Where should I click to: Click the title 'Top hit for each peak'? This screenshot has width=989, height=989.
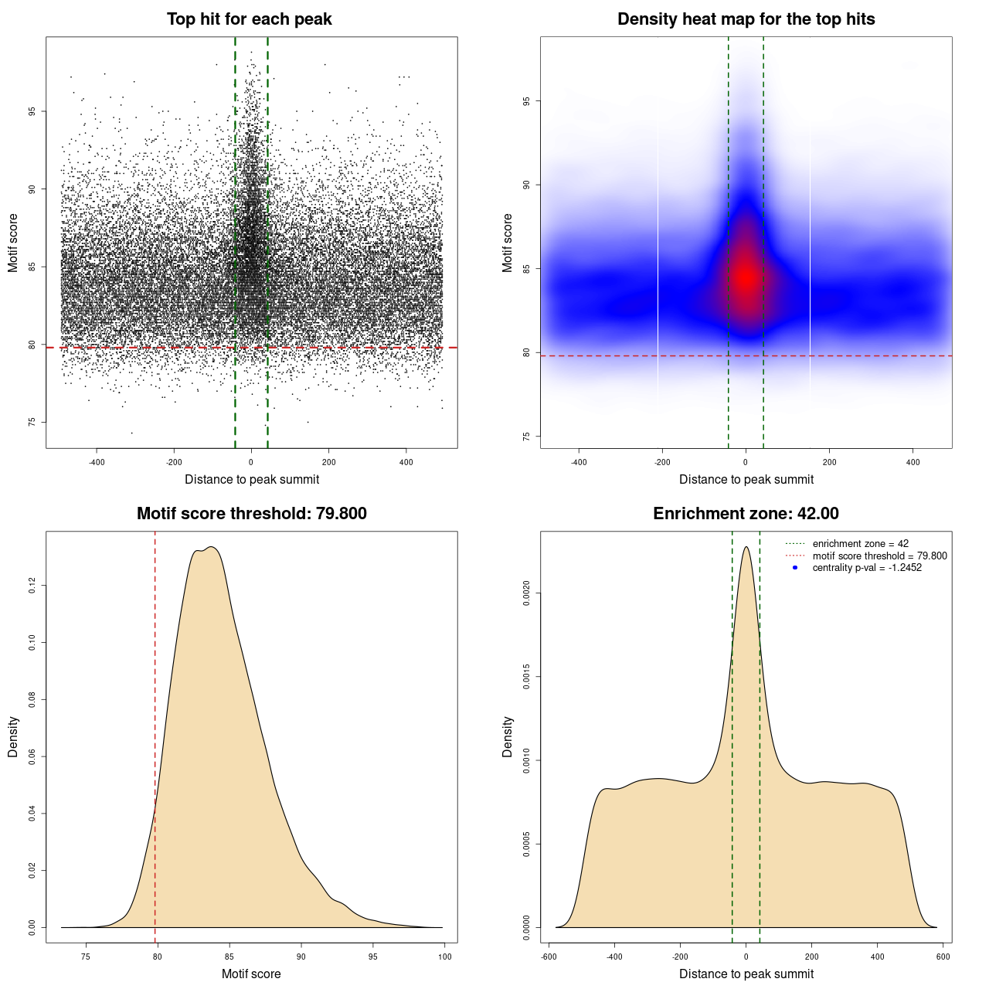tap(249, 19)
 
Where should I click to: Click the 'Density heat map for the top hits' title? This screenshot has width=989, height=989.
tap(746, 19)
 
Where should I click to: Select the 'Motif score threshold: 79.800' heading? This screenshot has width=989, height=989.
tap(251, 514)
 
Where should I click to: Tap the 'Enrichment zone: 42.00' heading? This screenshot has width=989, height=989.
tap(746, 514)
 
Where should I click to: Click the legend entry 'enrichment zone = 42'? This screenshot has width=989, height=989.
tap(860, 544)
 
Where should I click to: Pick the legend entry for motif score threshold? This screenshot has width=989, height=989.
tap(879, 556)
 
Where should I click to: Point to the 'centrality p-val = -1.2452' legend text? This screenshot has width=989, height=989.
tap(867, 568)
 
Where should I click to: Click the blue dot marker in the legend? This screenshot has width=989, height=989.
tap(795, 568)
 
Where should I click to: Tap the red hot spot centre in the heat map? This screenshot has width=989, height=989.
tap(746, 277)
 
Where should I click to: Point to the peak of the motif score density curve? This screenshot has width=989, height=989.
tap(210, 547)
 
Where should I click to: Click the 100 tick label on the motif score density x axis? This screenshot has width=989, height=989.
tap(444, 957)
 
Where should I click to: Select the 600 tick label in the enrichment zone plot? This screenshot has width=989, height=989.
tap(943, 957)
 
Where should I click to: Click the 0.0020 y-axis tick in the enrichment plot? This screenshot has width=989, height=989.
tap(527, 593)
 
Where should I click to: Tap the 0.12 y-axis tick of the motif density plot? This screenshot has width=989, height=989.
tap(32, 586)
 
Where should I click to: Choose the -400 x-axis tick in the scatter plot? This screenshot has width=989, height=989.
tap(97, 462)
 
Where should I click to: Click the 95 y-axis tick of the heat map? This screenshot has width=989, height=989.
tap(527, 101)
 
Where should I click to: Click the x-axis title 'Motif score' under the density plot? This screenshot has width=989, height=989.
tap(251, 974)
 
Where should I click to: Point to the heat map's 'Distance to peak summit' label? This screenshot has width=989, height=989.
tap(746, 479)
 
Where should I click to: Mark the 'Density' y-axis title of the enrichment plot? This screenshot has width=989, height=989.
tap(508, 736)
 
